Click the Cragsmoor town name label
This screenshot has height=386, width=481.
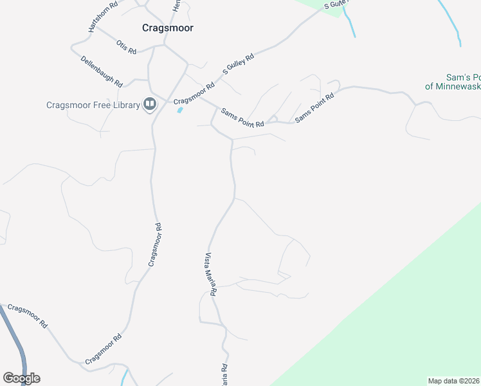pyautogui.click(x=167, y=28)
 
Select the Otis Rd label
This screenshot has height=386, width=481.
pyautogui.click(x=126, y=47)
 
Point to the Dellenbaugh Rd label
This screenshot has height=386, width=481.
pyautogui.click(x=102, y=71)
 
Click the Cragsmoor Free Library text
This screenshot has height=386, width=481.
pyautogui.click(x=93, y=106)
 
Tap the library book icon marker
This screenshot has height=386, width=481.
pyautogui.click(x=150, y=104)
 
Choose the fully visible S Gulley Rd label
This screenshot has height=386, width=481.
pyautogui.click(x=239, y=64)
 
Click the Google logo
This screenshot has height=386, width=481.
pyautogui.click(x=21, y=378)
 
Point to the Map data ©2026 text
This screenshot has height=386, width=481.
pyautogui.click(x=453, y=381)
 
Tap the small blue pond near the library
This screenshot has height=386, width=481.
pyautogui.click(x=179, y=110)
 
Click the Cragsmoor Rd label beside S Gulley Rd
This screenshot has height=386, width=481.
pyautogui.click(x=194, y=94)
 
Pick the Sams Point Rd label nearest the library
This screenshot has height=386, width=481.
pyautogui.click(x=242, y=117)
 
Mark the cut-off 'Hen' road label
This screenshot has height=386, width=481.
pyautogui.click(x=176, y=5)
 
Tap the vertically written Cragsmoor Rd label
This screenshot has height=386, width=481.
pyautogui.click(x=153, y=244)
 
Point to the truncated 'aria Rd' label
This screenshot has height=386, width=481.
pyautogui.click(x=224, y=374)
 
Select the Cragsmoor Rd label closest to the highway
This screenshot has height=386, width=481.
pyautogui.click(x=28, y=316)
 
